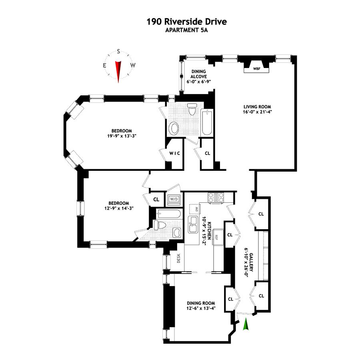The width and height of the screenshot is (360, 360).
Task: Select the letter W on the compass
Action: (x=133, y=65)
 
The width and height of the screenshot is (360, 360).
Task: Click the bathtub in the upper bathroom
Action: (x=207, y=122)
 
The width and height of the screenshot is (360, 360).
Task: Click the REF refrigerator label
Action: (x=216, y=236)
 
